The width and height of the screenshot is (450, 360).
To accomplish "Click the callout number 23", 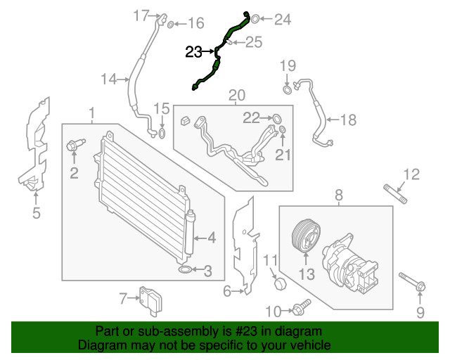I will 194,51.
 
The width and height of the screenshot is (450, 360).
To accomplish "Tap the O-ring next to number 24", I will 256,18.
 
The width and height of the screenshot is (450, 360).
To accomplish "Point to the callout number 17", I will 141,15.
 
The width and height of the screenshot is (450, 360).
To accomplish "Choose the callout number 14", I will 108,79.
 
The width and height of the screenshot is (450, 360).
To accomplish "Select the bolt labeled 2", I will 73,146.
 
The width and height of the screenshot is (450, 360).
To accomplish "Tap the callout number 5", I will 36,212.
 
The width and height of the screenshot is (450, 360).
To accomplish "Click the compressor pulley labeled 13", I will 306,235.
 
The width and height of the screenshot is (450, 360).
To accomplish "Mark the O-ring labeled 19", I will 288,89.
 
